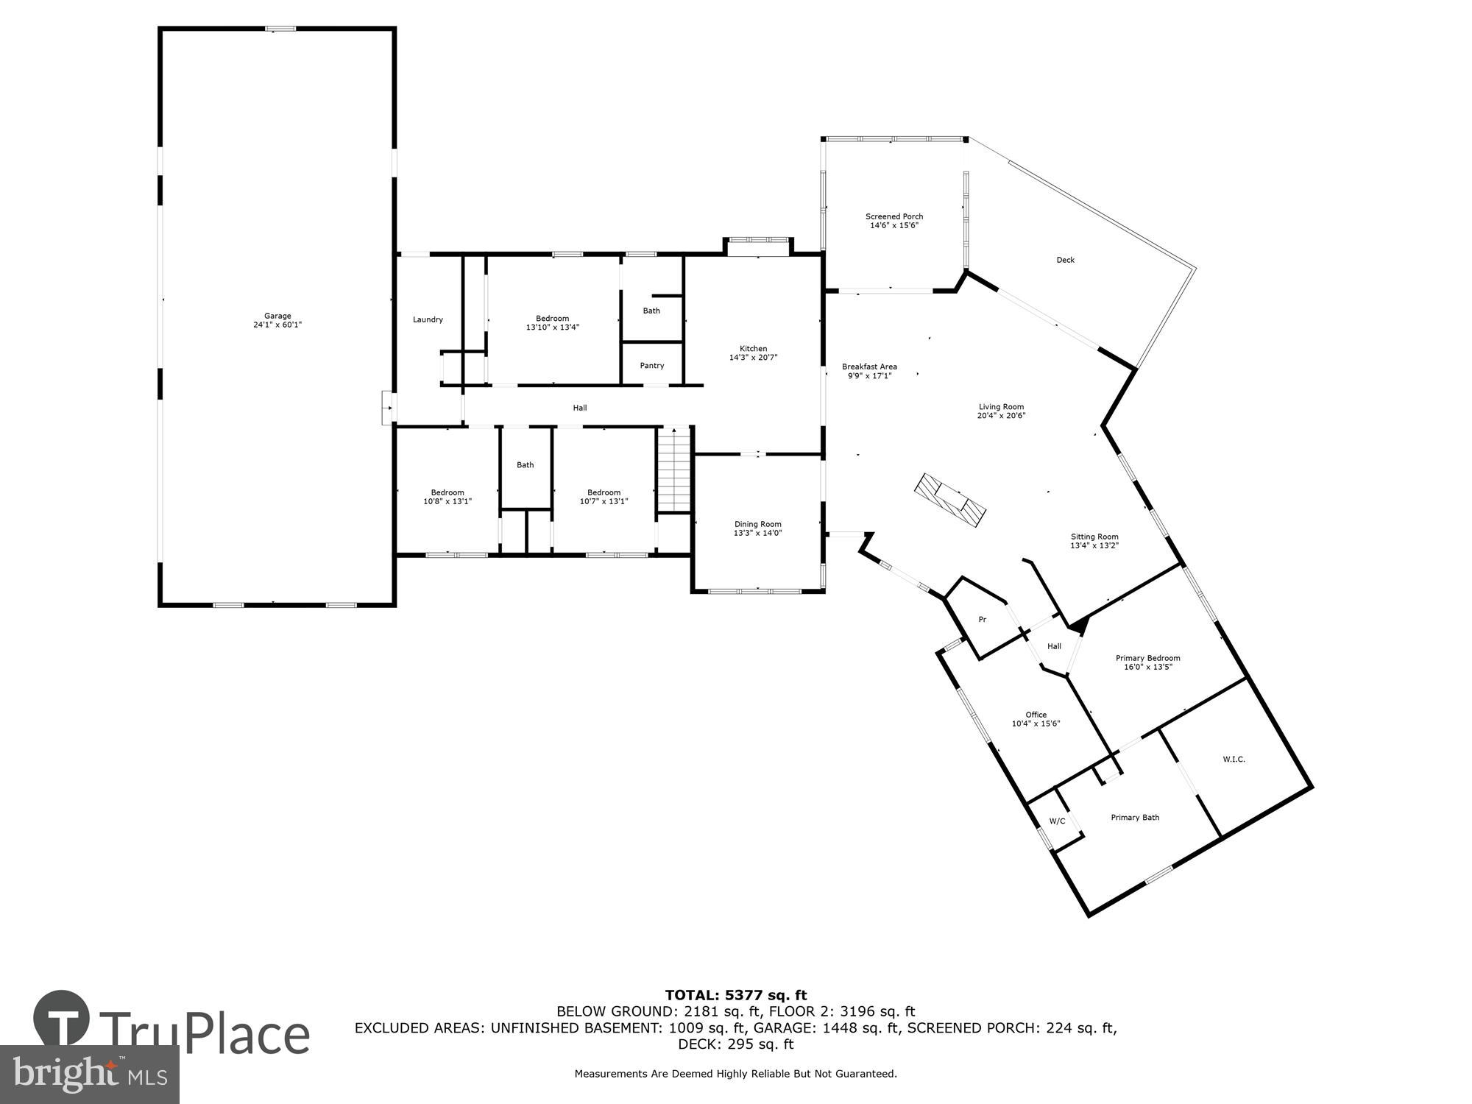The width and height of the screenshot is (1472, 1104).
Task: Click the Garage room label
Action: (278, 316)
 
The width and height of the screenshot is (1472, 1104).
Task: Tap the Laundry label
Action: (428, 319)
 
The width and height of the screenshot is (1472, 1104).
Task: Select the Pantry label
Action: (652, 366)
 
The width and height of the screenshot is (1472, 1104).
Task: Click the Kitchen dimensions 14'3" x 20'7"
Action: (753, 358)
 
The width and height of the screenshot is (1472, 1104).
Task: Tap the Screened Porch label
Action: (894, 216)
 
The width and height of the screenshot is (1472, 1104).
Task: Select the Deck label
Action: (1066, 260)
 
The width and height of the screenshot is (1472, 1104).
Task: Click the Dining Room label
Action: (757, 524)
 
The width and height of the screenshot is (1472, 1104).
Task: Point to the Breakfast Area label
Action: (869, 367)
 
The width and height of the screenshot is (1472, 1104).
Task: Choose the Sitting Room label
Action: (1094, 537)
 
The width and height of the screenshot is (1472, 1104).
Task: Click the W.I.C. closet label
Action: (1234, 759)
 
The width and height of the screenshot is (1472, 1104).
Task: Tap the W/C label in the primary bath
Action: (1057, 821)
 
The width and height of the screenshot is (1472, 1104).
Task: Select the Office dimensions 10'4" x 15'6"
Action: (1036, 723)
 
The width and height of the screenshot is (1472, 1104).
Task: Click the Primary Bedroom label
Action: (1147, 658)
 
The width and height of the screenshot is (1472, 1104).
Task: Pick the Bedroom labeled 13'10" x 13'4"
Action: (552, 323)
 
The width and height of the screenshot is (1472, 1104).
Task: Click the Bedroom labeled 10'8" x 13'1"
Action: (447, 497)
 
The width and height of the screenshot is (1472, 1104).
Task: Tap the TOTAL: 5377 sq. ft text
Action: (736, 996)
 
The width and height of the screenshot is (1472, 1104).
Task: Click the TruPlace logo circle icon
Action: (62, 1019)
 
